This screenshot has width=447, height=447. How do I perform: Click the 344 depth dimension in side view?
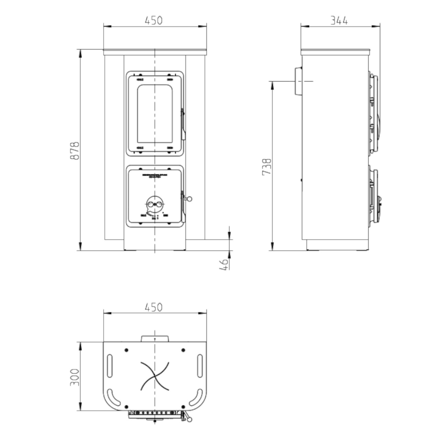(339, 20)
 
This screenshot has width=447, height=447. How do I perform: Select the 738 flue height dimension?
(267, 166)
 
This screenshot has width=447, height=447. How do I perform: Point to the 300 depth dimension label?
(75, 377)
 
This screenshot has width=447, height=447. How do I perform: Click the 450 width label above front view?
(153, 20)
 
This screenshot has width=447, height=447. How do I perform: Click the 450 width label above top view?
(153, 307)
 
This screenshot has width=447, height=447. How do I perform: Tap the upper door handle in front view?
(183, 124)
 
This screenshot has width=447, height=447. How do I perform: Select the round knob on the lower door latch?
(189, 199)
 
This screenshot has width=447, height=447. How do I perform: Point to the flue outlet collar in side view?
(298, 81)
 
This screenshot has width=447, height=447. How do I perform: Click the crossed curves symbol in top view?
(155, 377)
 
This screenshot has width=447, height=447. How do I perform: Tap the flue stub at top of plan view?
(155, 338)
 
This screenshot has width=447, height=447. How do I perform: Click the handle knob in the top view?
(190, 419)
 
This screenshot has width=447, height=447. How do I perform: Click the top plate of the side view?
(336, 52)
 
